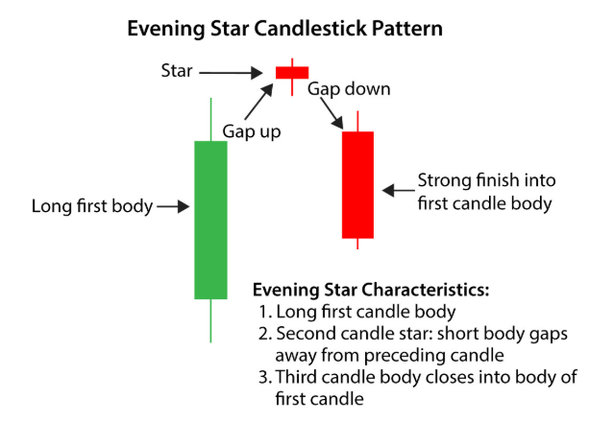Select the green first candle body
coord(210,220)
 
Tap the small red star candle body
coord(292,72)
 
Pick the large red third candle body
coord(357,184)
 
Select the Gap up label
coord(251,131)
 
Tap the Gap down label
coord(349,89)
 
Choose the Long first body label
coord(92,205)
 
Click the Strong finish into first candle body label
coord(484,191)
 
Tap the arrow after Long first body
coord(173,205)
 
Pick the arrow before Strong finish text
coord(395,190)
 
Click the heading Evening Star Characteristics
coord(371,290)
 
